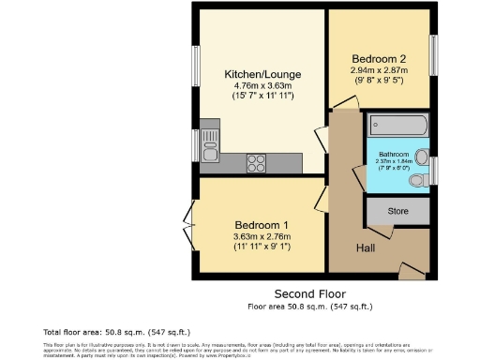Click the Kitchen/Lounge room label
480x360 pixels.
pyautogui.click(x=251, y=74)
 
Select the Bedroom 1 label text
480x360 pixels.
pyautogui.click(x=262, y=224)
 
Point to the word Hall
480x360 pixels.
pyautogui.click(x=365, y=247)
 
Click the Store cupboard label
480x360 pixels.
pyautogui.click(x=398, y=211)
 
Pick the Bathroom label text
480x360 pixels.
pyautogui.click(x=394, y=154)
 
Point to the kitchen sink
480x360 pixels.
pyautogui.click(x=208, y=142)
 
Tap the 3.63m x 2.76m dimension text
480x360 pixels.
pyautogui.click(x=262, y=236)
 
